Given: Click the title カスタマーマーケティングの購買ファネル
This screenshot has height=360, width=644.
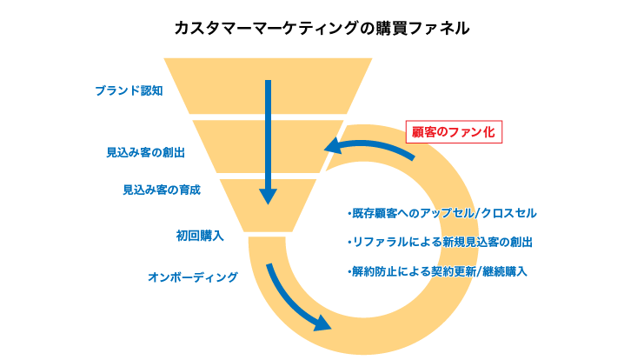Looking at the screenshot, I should [322, 28].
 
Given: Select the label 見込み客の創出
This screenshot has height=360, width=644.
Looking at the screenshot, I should [145, 151].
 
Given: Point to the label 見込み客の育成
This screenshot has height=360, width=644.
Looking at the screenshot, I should [162, 189].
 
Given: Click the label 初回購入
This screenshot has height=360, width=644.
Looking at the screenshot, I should [200, 235].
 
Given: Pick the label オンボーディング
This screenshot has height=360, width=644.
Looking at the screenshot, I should [192, 277].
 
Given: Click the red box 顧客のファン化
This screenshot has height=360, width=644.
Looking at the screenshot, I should [453, 133].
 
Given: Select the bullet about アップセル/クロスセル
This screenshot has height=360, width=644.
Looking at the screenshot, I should [442, 212].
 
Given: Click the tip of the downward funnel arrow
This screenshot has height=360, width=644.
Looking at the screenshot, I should [269, 201].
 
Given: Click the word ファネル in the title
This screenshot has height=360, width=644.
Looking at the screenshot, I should [440, 28].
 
